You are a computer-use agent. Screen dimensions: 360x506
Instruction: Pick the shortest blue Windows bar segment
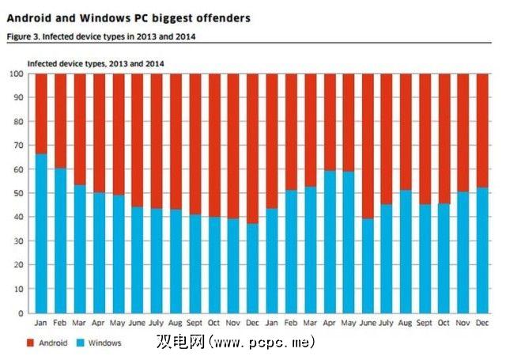click(251, 268)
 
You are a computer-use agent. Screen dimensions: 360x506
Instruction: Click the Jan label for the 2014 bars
click(271, 323)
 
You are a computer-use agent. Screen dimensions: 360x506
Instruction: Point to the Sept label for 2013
click(194, 323)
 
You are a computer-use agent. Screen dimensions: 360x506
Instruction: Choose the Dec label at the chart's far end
click(482, 323)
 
